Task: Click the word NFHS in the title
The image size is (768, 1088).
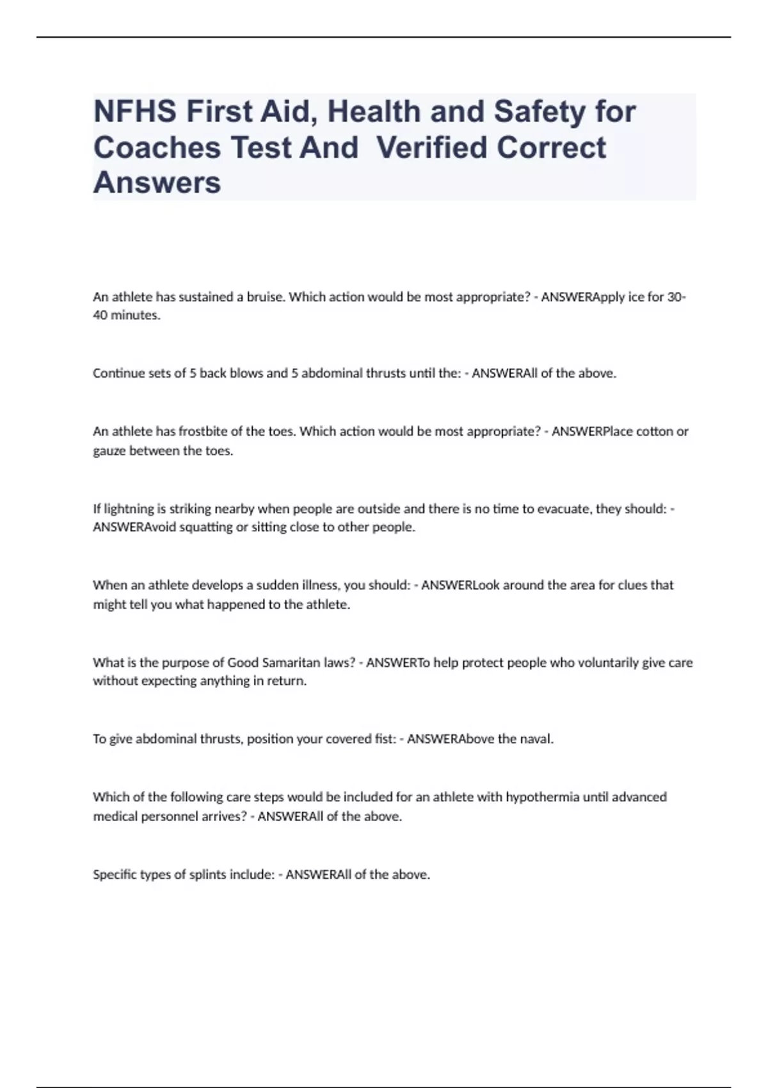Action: pyautogui.click(x=134, y=112)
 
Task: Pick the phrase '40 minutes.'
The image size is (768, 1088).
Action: pyautogui.click(x=127, y=315)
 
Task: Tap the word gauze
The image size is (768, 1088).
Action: pyautogui.click(x=109, y=451)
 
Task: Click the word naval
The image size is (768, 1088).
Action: pyautogui.click(x=536, y=739)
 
